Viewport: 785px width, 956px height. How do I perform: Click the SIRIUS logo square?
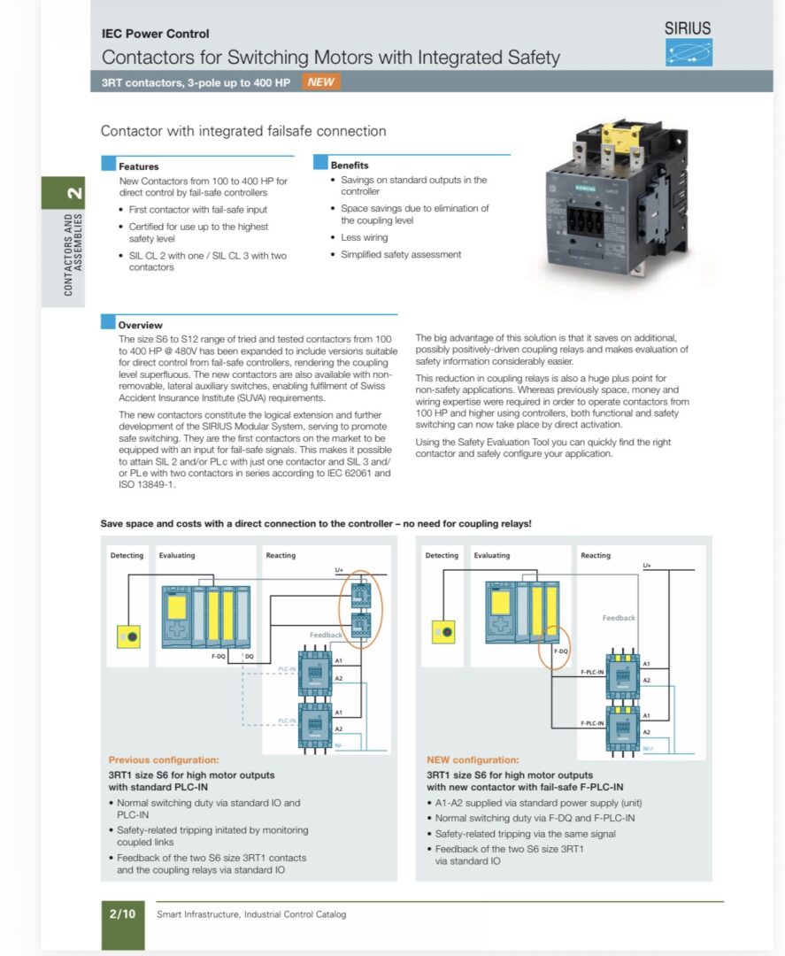coord(689,52)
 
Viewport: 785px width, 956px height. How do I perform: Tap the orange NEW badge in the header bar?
coord(321,82)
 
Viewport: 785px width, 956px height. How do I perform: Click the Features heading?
coord(139,166)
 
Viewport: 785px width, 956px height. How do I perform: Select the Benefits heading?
coord(350,166)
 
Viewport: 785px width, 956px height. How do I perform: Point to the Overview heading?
coord(141,325)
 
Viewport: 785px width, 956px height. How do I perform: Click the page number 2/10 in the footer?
coord(122,914)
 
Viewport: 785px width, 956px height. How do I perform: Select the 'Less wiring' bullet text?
coord(364,237)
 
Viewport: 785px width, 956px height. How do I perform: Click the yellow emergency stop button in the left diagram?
coord(129,636)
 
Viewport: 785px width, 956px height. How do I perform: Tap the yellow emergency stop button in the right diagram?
coord(443,632)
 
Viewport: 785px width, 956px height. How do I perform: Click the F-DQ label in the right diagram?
coord(560,651)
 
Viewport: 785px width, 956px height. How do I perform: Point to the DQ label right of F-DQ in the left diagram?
coord(249,656)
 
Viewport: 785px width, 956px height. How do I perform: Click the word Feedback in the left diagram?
coord(326,635)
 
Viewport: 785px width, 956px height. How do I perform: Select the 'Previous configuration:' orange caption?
coord(163,759)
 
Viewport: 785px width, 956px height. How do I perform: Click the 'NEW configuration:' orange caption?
coord(473,759)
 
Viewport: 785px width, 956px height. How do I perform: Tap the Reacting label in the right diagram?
coord(596,556)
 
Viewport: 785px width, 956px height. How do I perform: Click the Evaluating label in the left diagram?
coord(177,556)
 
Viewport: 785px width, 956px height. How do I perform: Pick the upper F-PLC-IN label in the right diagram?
coord(592,673)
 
